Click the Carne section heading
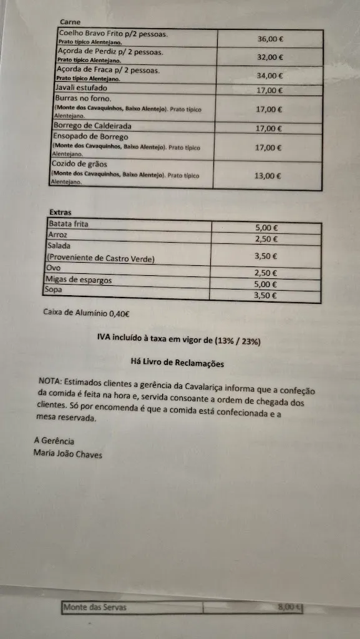(70, 22)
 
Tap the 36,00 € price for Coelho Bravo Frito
(271, 39)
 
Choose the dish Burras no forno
(83, 99)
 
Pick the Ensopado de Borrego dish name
(90, 137)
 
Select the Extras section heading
(60, 212)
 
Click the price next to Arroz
(266, 239)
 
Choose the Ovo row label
(54, 268)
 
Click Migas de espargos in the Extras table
(79, 280)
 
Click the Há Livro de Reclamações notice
(177, 363)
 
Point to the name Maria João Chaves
(68, 454)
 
